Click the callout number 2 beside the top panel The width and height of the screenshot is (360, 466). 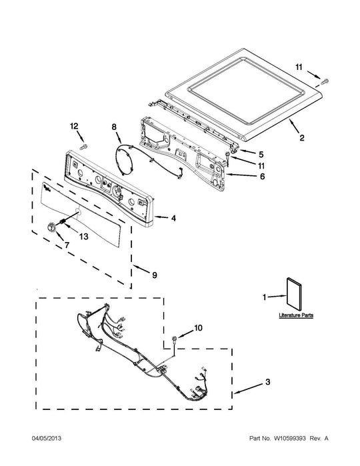(x=302, y=137)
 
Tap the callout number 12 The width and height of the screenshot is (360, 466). (x=74, y=126)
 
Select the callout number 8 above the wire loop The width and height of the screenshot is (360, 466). (x=114, y=127)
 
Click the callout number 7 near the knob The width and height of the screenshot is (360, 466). (x=67, y=245)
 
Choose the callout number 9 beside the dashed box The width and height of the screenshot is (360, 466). (x=154, y=275)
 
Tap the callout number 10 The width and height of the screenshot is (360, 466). (x=198, y=327)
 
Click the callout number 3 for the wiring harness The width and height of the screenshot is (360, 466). (x=267, y=381)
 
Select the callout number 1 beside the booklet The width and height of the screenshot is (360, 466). (x=264, y=297)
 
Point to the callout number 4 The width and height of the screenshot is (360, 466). (x=173, y=219)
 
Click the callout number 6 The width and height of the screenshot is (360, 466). (x=262, y=176)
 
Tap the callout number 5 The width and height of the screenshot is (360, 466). (x=261, y=155)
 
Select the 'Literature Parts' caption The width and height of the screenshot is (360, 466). (x=296, y=315)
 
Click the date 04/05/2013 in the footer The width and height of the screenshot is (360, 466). (x=47, y=439)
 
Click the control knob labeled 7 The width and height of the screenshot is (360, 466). (x=51, y=227)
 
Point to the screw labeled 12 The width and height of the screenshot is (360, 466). (x=85, y=146)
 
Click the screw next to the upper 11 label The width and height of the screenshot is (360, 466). (x=325, y=80)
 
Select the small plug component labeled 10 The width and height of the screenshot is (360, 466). (x=174, y=338)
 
